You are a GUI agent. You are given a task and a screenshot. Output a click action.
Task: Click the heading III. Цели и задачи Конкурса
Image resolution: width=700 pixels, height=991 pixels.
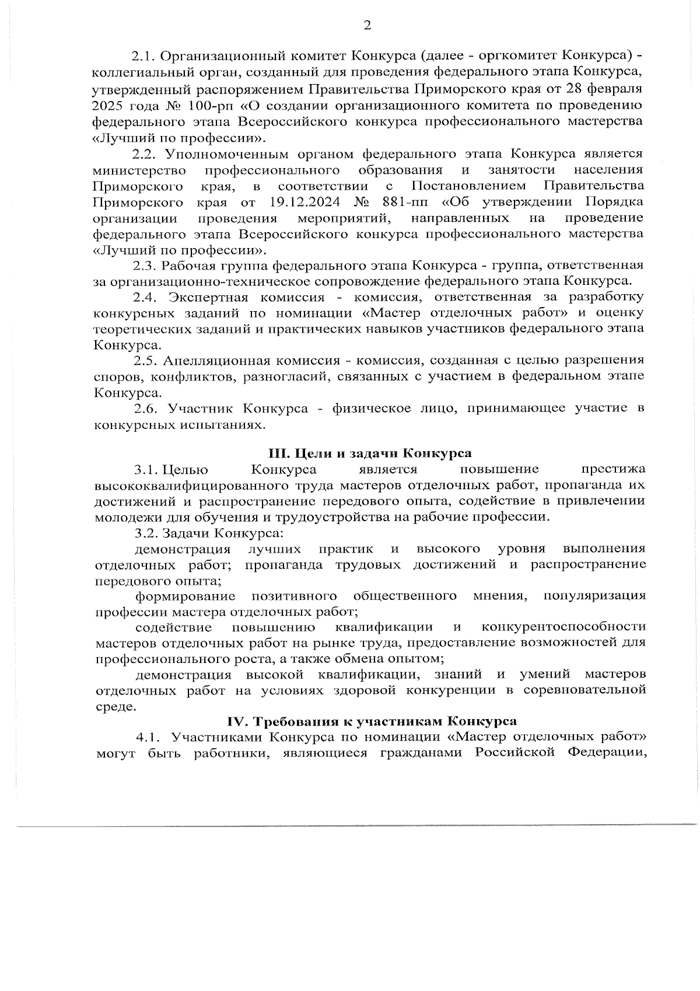tap(369, 453)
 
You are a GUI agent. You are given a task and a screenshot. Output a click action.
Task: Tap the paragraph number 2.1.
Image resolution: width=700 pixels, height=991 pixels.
tap(142, 57)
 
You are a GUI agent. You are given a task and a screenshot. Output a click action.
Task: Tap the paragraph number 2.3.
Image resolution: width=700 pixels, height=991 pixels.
tap(144, 265)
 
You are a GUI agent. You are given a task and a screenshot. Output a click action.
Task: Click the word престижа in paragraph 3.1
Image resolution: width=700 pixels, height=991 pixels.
tap(613, 469)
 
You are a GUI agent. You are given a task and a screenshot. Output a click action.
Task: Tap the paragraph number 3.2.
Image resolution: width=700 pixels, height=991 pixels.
tap(145, 532)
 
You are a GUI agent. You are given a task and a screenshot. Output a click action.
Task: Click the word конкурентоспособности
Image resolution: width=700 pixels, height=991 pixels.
tap(563, 627)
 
